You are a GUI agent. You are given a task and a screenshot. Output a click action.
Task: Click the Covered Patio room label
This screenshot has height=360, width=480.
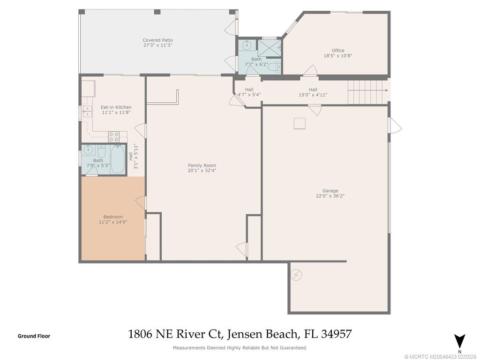pyautogui.click(x=158, y=40)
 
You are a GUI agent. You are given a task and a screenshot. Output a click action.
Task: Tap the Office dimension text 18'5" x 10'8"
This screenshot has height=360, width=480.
pyautogui.click(x=337, y=56)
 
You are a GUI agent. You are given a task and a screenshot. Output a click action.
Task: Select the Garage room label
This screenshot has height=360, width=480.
pyautogui.click(x=330, y=191)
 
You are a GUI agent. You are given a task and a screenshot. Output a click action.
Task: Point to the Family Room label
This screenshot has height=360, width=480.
pyautogui.click(x=202, y=165)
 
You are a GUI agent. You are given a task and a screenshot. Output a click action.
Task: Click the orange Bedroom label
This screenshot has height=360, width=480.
pyautogui.click(x=113, y=217)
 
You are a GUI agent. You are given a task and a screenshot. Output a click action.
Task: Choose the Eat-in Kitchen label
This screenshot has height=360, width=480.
pyautogui.click(x=116, y=107)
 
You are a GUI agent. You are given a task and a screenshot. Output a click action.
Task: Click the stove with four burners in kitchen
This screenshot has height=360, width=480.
pyautogui.click(x=114, y=136)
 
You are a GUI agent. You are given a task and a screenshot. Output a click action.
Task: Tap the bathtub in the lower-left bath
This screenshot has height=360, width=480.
pyautogui.click(x=118, y=159)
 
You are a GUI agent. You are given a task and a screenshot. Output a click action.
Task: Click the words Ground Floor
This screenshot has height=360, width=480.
pyautogui.click(x=34, y=336)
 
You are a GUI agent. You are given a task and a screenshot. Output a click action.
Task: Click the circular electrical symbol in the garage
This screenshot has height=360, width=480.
pyautogui.click(x=296, y=275)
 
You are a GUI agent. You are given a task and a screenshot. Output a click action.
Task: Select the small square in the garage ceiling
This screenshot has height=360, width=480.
pyautogui.click(x=300, y=123)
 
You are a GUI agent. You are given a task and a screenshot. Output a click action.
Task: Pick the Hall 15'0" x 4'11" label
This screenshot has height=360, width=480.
pyautogui.click(x=313, y=92)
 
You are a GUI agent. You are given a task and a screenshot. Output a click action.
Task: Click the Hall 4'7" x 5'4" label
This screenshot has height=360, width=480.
pyautogui.click(x=249, y=92)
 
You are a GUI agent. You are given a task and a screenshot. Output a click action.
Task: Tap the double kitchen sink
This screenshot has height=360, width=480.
pyautogui.click(x=87, y=111)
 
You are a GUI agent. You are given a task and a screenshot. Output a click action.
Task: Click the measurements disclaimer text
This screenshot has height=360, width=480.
pyautogui.click(x=240, y=348)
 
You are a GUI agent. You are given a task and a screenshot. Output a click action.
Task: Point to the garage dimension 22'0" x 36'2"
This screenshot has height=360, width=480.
pyautogui.click(x=330, y=196)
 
